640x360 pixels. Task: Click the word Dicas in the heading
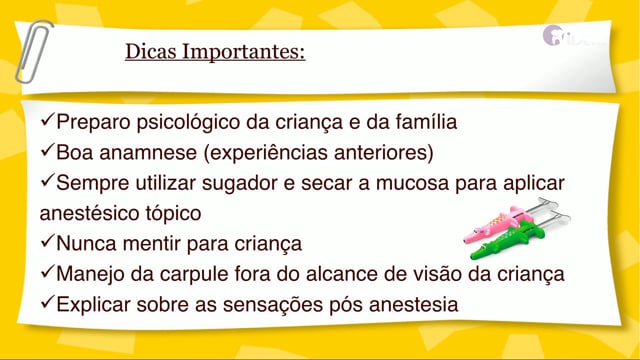151,51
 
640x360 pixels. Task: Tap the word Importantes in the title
241,52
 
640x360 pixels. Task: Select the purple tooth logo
552,35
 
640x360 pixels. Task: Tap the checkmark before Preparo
48,120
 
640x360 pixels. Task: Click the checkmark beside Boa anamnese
48,150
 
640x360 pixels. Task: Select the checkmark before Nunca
48,241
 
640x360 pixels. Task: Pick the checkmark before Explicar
48,302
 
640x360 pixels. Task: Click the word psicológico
189,123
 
